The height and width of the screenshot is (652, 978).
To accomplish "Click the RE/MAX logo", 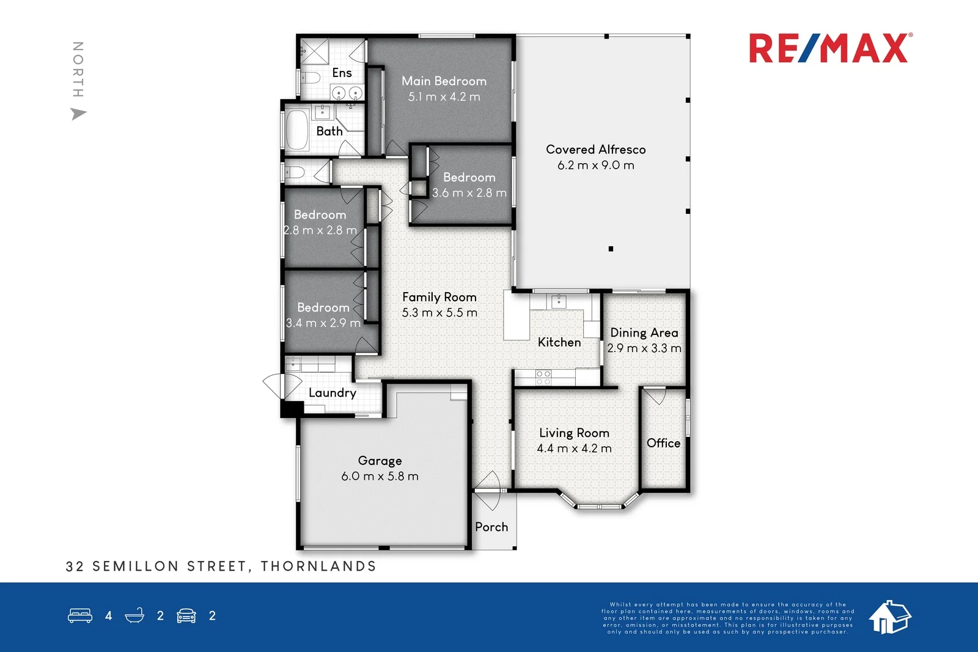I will coord(830,48).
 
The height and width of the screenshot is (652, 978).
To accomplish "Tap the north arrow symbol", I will coord(78,114).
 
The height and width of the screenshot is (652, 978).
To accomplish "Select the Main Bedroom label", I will coord(444,81).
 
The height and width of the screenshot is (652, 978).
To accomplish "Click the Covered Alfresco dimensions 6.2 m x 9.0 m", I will coord(595,165).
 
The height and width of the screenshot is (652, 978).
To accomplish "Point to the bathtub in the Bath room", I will coord(298,130).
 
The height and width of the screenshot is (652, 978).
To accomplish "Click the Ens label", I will coord(342,73).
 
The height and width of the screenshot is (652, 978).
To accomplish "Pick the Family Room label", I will coord(439,297).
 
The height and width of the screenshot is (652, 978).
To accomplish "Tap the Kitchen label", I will coord(559,342).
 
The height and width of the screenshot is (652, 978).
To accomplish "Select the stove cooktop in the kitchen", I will coord(543,378).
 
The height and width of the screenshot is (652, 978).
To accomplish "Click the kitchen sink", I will coord(559,301).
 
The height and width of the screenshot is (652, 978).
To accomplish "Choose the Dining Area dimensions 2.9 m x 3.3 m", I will coord(644,348).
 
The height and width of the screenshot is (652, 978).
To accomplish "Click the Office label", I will coord(663,443).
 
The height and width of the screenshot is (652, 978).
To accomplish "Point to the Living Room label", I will coord(574,433).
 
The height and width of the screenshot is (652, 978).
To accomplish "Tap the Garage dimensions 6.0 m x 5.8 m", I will coord(380,476).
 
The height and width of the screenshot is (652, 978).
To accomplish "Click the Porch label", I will coord(491,527).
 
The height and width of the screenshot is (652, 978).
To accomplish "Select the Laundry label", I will coord(332,393).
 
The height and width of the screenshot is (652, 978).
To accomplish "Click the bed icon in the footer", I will coord(80,615).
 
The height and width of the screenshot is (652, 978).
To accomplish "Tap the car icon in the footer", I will coord(186,615).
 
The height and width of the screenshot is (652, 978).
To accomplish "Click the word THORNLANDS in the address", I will coord(318,566).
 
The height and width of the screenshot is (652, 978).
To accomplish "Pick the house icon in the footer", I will coord(889,617).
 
